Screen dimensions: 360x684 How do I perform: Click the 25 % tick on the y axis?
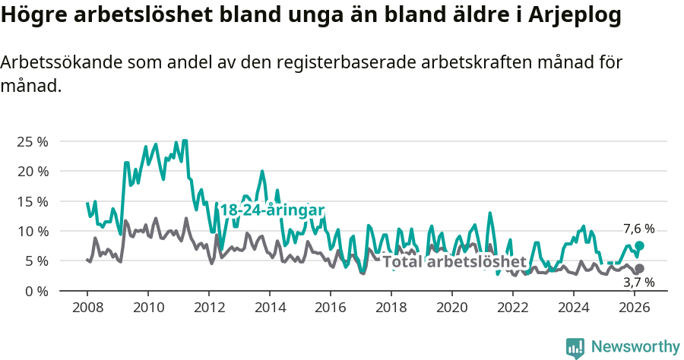pos(32,141)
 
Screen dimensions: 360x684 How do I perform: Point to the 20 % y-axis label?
pos(32,171)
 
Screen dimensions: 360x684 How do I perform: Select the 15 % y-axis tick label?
pos(32,201)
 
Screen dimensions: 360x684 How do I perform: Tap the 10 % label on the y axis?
pos(32,231)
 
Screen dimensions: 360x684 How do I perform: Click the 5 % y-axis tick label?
pos(36,261)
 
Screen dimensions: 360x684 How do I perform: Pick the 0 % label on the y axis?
pos(36,291)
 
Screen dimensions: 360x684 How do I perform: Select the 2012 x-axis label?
pos(209,308)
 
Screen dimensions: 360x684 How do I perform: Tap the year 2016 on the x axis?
pos(331,308)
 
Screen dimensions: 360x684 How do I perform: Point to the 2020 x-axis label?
pos(452,308)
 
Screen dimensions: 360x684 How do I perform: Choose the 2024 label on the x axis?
pos(574,308)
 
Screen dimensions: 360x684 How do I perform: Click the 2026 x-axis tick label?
pos(635,308)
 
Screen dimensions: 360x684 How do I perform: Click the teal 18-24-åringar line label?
pos(272,210)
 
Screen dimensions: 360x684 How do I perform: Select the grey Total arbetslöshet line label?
pos(454,262)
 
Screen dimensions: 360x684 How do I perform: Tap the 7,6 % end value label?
pos(638,229)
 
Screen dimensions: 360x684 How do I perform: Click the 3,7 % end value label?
pos(638,283)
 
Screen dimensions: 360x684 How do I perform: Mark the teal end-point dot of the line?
pos(640,245)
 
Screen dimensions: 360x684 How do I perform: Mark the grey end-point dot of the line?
pos(640,269)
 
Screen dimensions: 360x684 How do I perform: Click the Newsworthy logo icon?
pos(575,348)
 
